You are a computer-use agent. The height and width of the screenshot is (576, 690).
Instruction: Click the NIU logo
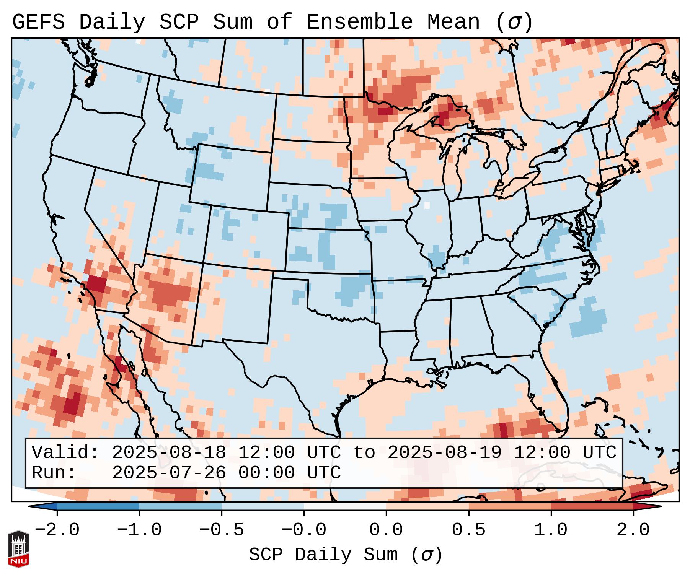click(x=18, y=549)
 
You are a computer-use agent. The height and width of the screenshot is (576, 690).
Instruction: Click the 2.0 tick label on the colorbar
click(x=633, y=530)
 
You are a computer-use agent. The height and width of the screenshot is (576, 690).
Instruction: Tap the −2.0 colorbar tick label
click(x=57, y=530)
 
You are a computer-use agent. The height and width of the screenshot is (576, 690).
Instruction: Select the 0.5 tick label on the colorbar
click(x=468, y=530)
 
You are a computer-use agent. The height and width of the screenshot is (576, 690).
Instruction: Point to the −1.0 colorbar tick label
click(x=139, y=530)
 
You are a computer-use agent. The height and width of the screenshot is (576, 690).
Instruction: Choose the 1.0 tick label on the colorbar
click(x=551, y=530)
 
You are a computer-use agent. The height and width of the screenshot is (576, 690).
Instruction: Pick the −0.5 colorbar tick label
click(x=222, y=530)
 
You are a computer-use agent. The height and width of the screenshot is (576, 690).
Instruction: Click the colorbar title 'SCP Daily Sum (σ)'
click(x=345, y=555)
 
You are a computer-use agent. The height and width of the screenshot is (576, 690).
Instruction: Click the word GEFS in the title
click(x=38, y=22)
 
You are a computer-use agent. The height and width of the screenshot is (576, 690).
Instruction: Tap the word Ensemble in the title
click(x=360, y=22)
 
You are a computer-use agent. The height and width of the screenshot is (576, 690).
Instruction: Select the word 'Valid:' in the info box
click(x=65, y=452)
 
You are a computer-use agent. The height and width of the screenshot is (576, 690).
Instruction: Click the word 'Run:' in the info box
click(x=54, y=473)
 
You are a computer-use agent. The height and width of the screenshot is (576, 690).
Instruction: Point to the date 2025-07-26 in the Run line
click(x=169, y=473)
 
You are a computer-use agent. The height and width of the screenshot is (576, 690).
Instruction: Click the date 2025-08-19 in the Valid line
click(x=444, y=452)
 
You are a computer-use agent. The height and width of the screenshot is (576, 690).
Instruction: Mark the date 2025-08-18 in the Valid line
click(x=169, y=452)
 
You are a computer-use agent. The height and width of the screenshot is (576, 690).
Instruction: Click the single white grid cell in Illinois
click(x=427, y=205)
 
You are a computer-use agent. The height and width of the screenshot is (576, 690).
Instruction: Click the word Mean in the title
click(x=453, y=22)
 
